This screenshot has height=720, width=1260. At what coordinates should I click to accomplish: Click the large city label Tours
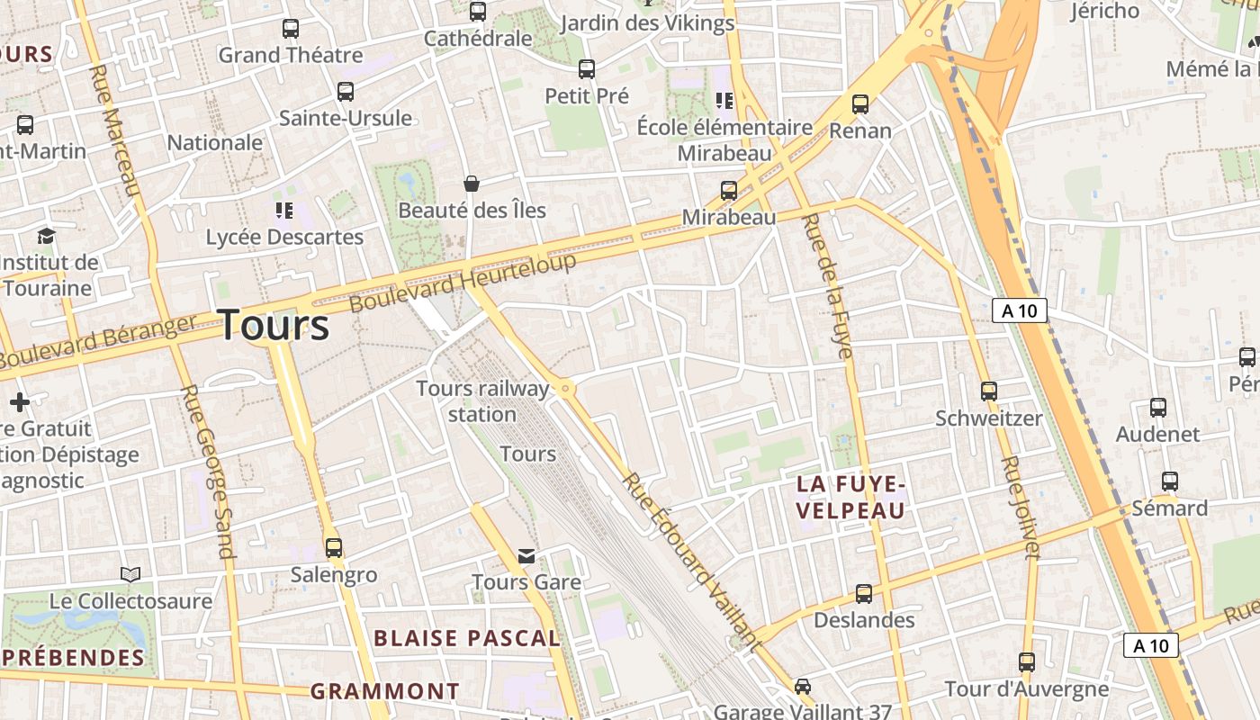pos(274,325)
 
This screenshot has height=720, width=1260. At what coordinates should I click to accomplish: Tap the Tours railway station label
pos(482,401)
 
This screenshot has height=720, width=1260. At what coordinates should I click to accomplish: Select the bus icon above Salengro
pos(334,547)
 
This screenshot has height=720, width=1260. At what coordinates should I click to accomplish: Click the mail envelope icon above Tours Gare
pos(526,556)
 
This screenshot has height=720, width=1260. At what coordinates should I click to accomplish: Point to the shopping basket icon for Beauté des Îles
pos(471,184)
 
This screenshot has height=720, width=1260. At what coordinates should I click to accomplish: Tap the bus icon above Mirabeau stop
pos(729,191)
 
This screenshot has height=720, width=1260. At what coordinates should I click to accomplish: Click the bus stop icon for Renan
pos(860,104)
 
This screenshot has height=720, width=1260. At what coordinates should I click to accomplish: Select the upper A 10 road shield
pos(1020,311)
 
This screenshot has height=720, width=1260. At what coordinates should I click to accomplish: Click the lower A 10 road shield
pos(1151,645)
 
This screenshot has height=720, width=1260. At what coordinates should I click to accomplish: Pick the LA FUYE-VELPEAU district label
pos(850,498)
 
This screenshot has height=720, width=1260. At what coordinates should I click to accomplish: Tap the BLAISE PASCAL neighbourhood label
pos(466,638)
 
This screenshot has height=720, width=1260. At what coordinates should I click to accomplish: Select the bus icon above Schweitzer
pos(989,391)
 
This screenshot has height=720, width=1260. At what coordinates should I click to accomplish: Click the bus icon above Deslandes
pos(864,594)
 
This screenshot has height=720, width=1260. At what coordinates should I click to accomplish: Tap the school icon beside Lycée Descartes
pos(284,211)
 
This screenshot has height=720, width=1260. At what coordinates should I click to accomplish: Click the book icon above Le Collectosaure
pos(130,574)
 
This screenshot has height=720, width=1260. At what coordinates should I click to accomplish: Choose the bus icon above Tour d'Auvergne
pos(1027,662)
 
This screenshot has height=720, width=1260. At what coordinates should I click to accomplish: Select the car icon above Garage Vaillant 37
pos(803,687)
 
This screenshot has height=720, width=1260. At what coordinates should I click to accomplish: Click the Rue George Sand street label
pos(208,472)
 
